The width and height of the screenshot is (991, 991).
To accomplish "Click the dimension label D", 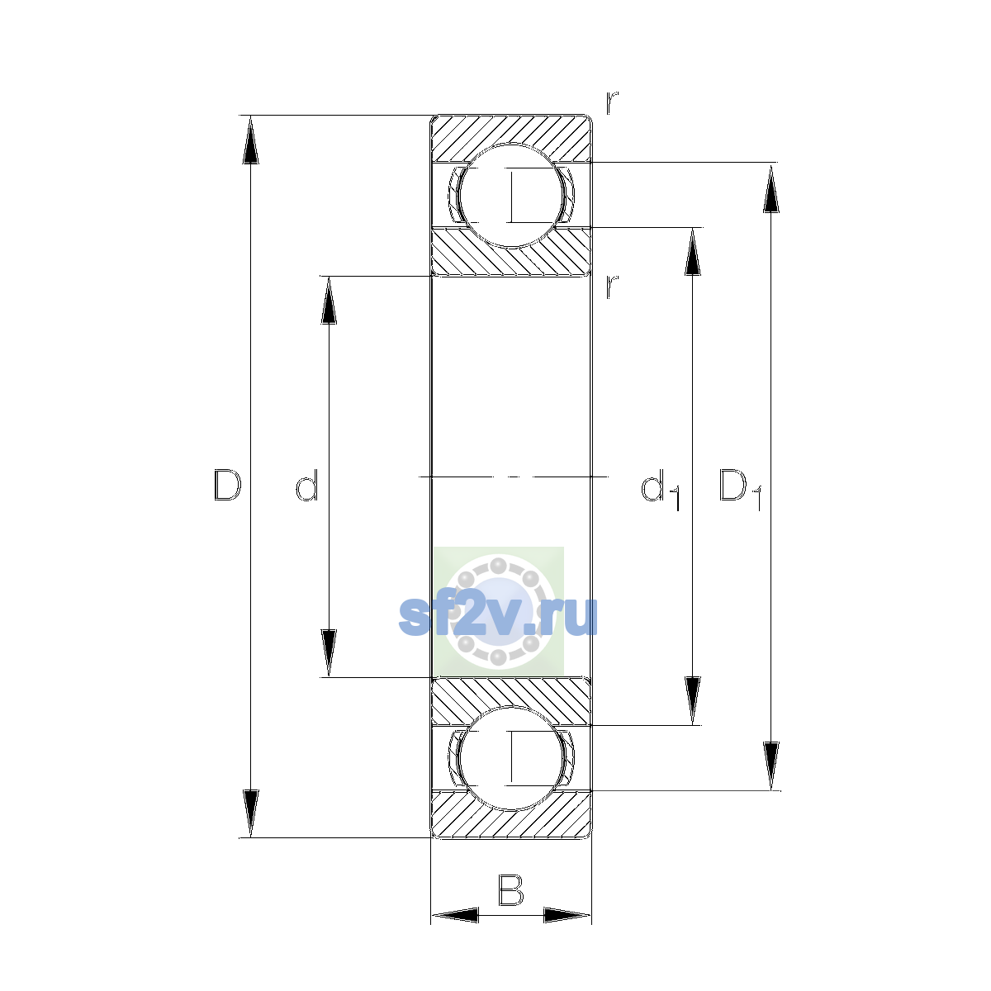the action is click(x=227, y=485).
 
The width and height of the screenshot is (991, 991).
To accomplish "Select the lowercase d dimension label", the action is click(x=307, y=485).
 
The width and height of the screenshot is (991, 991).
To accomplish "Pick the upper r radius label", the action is click(x=611, y=103).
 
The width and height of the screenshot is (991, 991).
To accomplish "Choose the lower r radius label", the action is click(x=611, y=287).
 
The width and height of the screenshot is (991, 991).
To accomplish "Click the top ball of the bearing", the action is click(x=511, y=196).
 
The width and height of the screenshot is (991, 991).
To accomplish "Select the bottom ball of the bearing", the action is click(x=511, y=759).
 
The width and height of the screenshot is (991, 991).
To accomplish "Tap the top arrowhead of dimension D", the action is click(x=250, y=140).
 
